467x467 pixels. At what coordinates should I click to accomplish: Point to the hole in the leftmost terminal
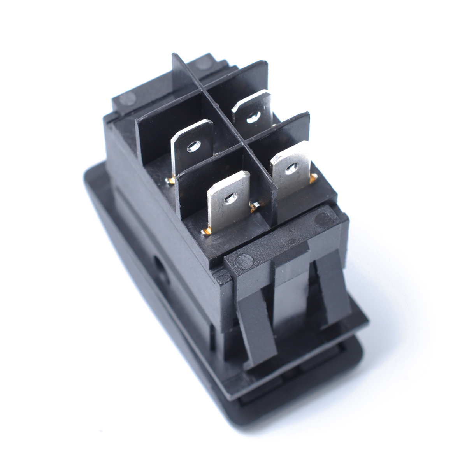pos(192,147)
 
